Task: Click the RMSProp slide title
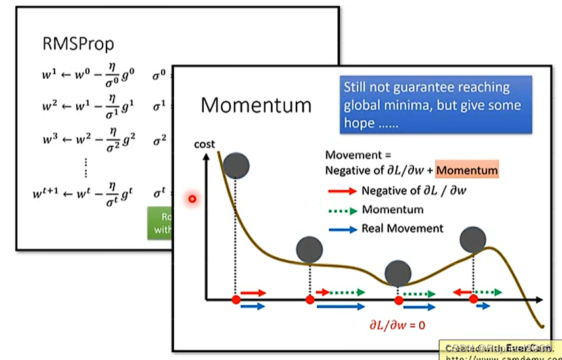coord(77,44)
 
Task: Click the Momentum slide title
coord(256,105)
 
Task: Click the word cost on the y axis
coord(204,145)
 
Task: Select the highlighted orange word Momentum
coord(467,171)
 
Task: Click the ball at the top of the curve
coord(236,166)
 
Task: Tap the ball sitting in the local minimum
coord(398,273)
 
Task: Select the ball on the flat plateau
coord(310,249)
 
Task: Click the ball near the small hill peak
coord(473,240)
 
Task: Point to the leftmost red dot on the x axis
coord(236,300)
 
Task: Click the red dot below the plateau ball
coord(310,300)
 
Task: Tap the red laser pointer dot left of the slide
coord(193,198)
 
